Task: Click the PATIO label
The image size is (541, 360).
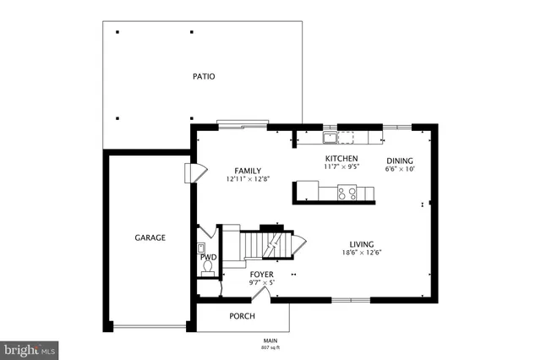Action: [x=203, y=76]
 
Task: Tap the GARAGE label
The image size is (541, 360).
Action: [x=150, y=237]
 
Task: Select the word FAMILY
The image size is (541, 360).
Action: [x=248, y=170]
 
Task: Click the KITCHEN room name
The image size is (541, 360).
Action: [x=342, y=158]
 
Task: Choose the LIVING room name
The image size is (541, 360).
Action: [x=361, y=243]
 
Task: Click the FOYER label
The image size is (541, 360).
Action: [x=261, y=275]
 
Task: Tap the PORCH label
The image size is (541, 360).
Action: [x=243, y=316]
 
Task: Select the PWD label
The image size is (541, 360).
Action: [x=208, y=257]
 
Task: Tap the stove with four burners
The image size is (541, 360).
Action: [x=347, y=193]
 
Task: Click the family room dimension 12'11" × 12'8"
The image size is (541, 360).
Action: [x=248, y=179]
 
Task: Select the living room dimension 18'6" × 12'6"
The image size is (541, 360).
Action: [x=361, y=253]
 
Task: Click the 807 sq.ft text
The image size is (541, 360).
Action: [x=270, y=347]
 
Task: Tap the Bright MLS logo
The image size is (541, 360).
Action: [x=30, y=348]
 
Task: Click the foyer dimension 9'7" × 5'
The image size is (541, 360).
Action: [x=261, y=283]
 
